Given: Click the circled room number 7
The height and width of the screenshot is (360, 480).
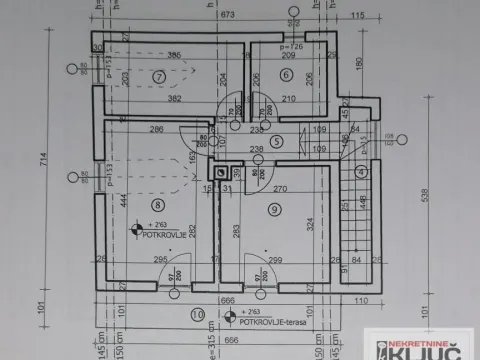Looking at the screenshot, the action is click(x=158, y=77).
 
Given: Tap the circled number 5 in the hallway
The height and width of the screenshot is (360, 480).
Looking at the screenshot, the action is click(x=276, y=143).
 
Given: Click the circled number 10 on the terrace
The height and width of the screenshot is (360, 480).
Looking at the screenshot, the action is click(x=195, y=314).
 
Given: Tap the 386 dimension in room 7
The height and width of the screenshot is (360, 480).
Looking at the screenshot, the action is click(x=174, y=54).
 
